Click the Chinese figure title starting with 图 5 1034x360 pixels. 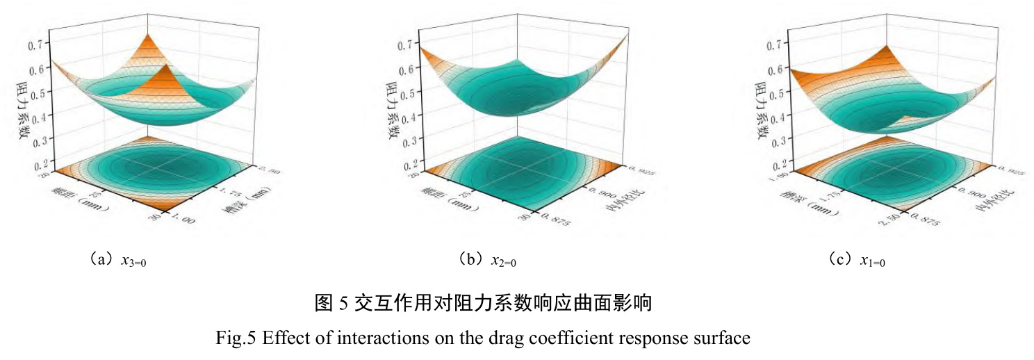484,304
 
